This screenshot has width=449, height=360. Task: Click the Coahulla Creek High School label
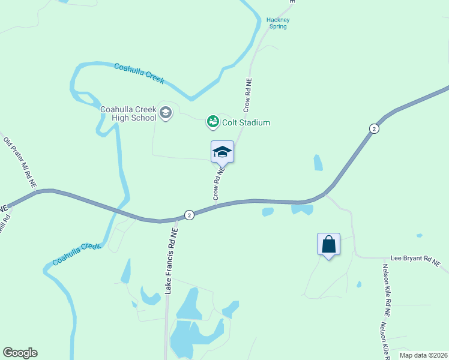[x=128, y=113]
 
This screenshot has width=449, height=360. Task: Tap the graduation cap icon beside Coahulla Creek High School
[x=166, y=112]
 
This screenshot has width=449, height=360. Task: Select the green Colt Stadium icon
[x=212, y=122]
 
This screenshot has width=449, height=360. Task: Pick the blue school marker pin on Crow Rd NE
[x=222, y=152]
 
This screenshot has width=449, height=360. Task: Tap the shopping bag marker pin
[x=328, y=245]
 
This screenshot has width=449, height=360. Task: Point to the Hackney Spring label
[x=278, y=23]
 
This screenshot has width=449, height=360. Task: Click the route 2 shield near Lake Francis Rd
[x=189, y=215]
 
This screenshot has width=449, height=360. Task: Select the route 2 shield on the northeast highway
[x=374, y=129]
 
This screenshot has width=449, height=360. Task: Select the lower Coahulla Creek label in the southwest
[x=76, y=254]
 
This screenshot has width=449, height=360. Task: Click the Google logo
[x=20, y=353]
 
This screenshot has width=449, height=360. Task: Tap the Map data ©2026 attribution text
[x=423, y=355]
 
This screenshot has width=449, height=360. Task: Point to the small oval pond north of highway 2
[x=318, y=163]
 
